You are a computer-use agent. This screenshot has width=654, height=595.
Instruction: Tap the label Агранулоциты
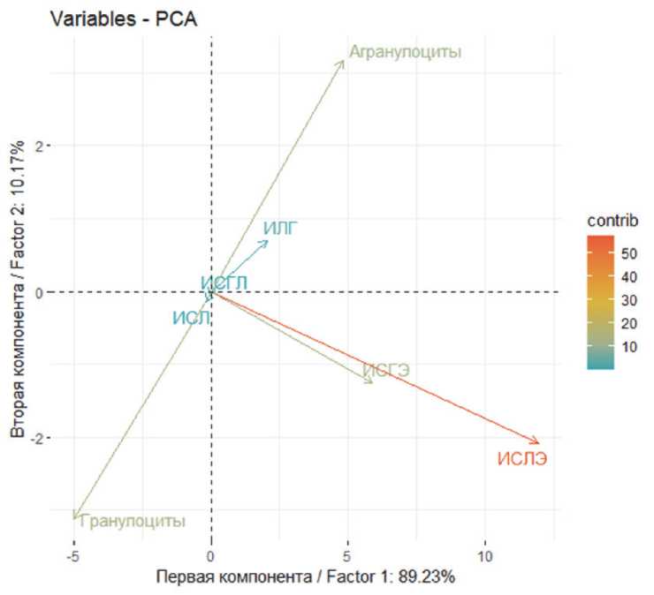tap(405, 52)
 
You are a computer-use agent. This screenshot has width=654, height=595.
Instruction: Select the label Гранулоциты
tap(133, 521)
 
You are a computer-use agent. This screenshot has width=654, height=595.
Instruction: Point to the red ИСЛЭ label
tap(521, 458)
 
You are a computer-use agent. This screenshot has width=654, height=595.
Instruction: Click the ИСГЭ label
tap(387, 370)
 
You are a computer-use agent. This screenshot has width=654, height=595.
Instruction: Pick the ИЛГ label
tap(280, 229)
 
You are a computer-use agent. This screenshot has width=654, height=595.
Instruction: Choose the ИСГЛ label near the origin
tap(224, 283)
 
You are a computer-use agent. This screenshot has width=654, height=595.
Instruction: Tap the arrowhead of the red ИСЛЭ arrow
tap(537, 442)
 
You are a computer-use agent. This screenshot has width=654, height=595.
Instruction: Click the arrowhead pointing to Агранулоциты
tap(343, 61)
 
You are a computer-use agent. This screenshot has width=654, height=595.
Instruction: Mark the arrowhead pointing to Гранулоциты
tap(75, 518)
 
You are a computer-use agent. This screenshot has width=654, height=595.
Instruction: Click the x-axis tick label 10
tap(483, 557)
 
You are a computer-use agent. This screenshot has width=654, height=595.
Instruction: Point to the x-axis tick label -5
tap(73, 557)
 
